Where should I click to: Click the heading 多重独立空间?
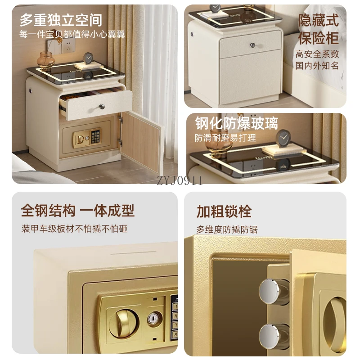click(x=61, y=20)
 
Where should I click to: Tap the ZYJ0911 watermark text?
click(x=180, y=180)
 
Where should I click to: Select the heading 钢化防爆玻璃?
click(x=237, y=123)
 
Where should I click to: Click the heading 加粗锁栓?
click(x=224, y=211)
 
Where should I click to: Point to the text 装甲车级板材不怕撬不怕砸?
click(x=74, y=229)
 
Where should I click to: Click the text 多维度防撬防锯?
click(x=227, y=229)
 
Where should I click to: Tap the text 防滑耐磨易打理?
click(x=225, y=138)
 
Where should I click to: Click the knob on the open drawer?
click(x=102, y=107)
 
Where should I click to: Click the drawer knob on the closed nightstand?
click(x=253, y=45)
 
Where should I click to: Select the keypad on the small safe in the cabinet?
click(x=95, y=137)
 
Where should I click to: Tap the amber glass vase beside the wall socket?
click(x=46, y=60)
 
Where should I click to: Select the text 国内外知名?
click(x=317, y=66)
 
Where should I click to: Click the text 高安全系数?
click(x=317, y=54)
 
